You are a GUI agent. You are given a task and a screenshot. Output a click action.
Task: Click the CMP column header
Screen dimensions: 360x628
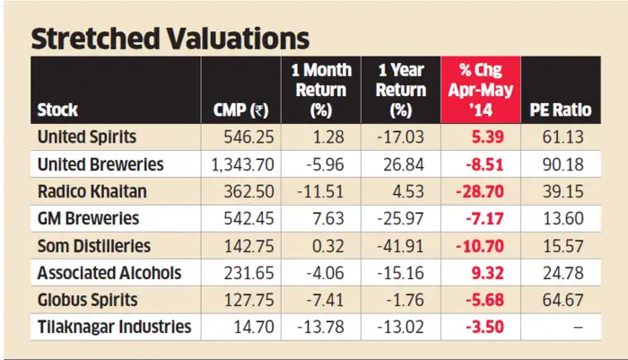tap(240, 110)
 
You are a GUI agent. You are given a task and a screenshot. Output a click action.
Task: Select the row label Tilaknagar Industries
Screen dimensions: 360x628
tap(114, 327)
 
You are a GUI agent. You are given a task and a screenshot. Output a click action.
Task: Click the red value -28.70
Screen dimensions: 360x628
tap(489, 192)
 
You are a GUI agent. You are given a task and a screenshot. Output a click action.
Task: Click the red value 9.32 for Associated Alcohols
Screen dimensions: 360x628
tap(494, 273)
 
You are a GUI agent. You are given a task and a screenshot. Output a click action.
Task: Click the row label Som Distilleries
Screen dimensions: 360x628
tap(93, 246)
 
